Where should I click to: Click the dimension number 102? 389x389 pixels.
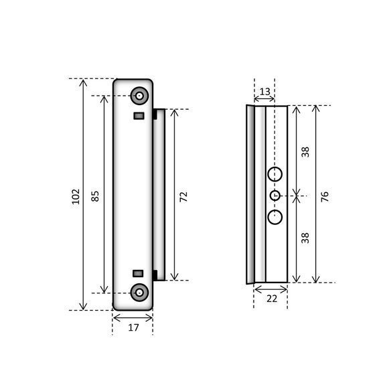point(76,197)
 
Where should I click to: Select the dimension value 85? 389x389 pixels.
point(96,196)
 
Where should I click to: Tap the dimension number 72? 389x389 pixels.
point(184,197)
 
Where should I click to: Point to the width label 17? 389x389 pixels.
point(133,327)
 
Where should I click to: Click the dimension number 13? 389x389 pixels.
point(264,92)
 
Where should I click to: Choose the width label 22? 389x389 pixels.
point(272,299)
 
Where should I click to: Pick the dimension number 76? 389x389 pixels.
point(325,196)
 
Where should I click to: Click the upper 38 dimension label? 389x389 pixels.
point(305,152)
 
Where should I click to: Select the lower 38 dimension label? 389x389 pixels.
point(305,238)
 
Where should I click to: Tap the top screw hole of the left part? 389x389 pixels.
point(139,96)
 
